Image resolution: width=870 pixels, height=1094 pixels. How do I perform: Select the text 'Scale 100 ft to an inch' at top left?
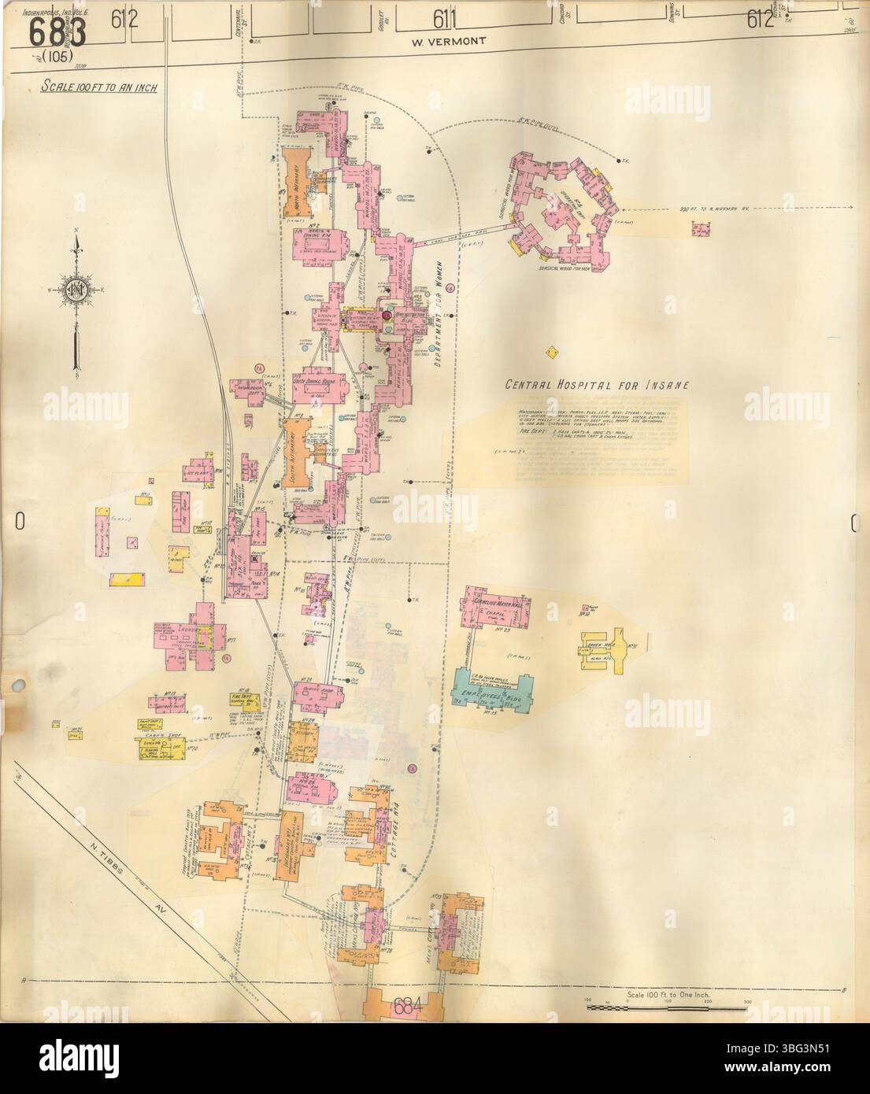98,87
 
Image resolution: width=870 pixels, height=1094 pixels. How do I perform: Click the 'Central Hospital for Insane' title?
598,385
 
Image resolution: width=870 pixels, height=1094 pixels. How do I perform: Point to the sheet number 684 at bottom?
403,1006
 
